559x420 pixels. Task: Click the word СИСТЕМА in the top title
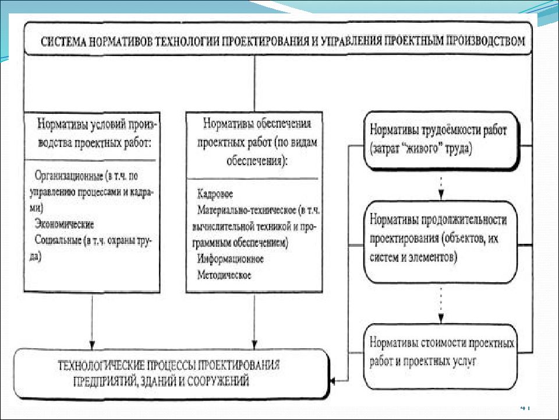click(x=63, y=42)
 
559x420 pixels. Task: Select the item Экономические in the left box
click(x=65, y=224)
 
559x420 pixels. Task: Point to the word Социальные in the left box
click(x=58, y=240)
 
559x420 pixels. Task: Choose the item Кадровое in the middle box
click(x=215, y=194)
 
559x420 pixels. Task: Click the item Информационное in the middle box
click(x=231, y=259)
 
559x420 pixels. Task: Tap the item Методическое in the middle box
click(x=224, y=275)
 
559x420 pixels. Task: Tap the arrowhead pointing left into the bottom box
click(x=332, y=381)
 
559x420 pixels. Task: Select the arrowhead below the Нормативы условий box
click(x=92, y=345)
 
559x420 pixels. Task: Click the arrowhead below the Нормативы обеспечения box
click(x=254, y=345)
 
